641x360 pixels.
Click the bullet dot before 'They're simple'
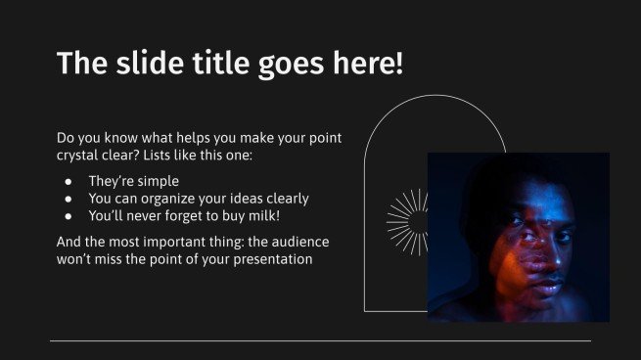(x=68, y=182)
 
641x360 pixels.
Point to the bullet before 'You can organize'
(x=68, y=199)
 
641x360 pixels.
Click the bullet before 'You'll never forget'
(x=68, y=215)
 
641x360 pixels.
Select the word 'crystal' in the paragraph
(x=81, y=156)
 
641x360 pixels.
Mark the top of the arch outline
(x=435, y=96)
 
